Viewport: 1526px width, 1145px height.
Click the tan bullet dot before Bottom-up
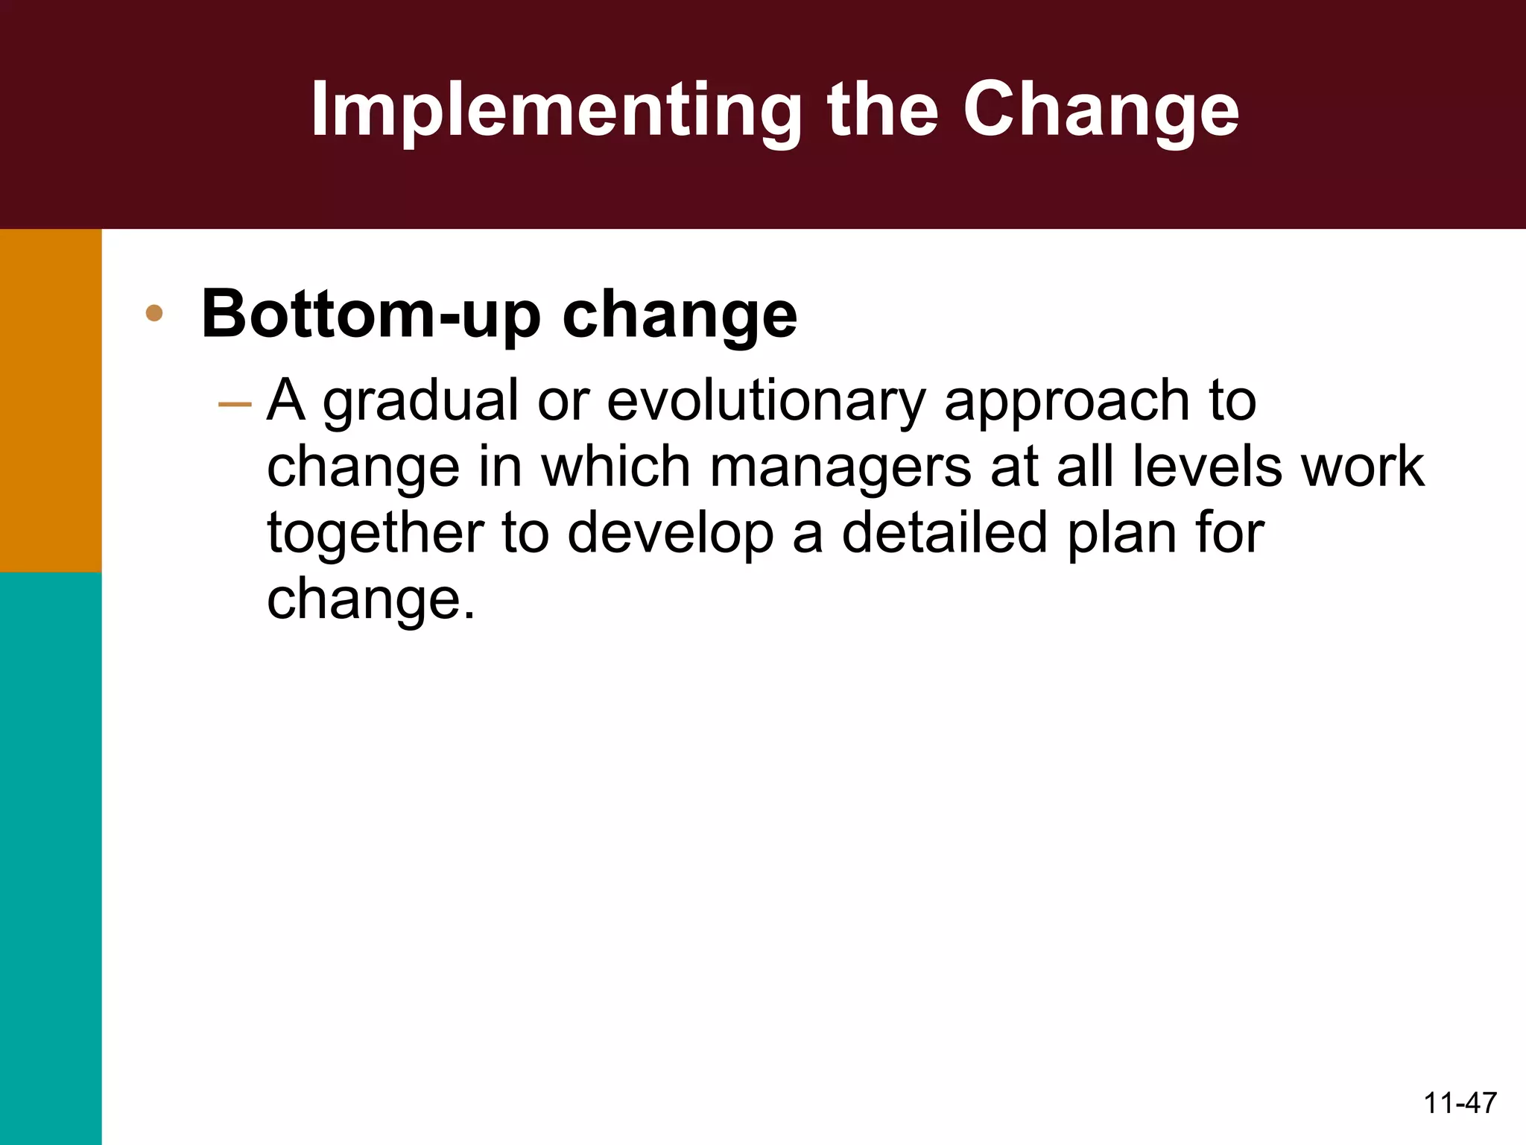click(x=154, y=313)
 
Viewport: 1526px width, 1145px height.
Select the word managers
click(x=840, y=467)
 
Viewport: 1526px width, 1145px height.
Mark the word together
click(x=375, y=533)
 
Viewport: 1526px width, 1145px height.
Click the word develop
click(x=671, y=533)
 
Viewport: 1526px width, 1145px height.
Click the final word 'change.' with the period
click(x=370, y=599)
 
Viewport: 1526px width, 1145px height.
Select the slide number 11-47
click(x=1460, y=1103)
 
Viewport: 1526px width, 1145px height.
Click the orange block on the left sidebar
click(x=50, y=400)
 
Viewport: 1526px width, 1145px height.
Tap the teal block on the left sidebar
click(x=50, y=857)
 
